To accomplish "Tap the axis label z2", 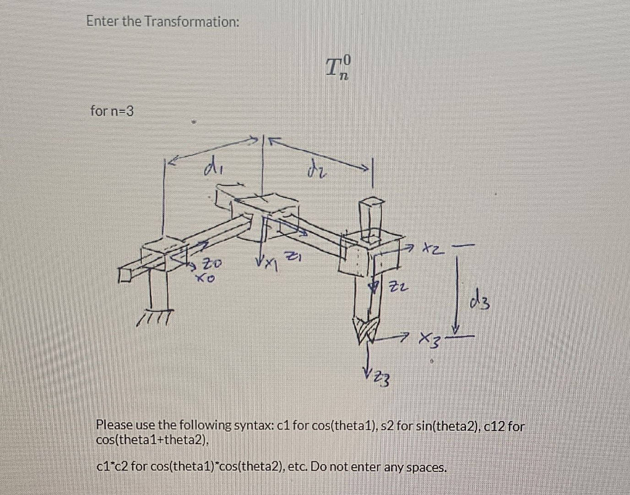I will (x=396, y=288).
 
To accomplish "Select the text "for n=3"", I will (x=112, y=111).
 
